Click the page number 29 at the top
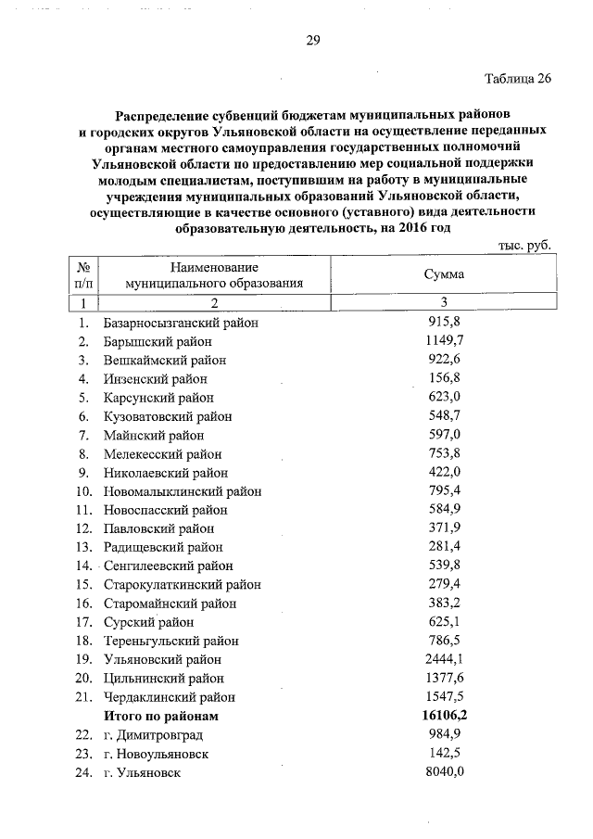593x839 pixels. tap(313, 40)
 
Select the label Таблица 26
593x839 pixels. tap(518, 78)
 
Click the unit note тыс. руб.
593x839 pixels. tap(524, 246)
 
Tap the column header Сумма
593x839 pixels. tap(444, 274)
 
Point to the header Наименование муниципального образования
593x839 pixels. tap(214, 274)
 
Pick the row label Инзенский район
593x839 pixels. tap(155, 378)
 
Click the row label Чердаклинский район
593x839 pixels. tap(170, 697)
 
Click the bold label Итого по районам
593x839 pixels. tap(162, 717)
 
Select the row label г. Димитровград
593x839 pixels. tap(154, 735)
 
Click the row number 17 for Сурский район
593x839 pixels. tap(82, 622)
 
